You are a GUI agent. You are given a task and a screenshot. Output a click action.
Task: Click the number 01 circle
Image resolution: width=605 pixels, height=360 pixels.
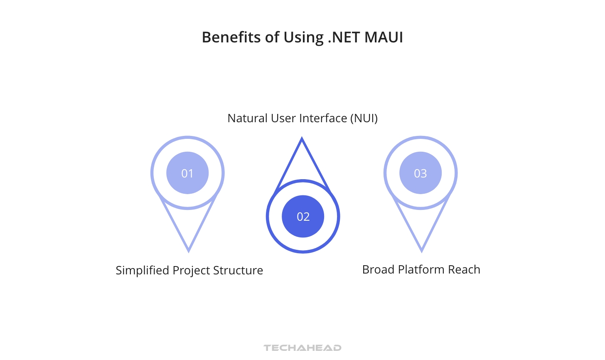tap(187, 173)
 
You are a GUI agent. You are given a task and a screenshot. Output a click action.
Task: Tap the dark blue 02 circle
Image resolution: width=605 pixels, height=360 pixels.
tap(303, 217)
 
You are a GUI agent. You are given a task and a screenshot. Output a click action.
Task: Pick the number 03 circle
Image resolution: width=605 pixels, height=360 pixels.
tap(421, 173)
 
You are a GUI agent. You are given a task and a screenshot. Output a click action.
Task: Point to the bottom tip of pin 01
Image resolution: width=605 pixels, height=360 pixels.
tap(189, 251)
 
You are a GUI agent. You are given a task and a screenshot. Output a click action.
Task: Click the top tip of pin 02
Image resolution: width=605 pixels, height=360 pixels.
tap(302, 139)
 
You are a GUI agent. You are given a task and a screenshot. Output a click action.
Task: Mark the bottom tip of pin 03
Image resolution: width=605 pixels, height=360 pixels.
tap(421, 251)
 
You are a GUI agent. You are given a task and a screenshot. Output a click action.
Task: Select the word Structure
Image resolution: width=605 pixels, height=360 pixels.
tap(238, 271)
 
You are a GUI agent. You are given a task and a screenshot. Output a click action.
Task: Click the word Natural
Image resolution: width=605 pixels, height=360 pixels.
tap(248, 118)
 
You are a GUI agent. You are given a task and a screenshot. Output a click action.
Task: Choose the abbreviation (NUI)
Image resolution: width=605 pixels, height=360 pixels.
tap(364, 118)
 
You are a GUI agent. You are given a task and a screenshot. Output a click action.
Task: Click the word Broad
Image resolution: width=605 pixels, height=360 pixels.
tap(378, 270)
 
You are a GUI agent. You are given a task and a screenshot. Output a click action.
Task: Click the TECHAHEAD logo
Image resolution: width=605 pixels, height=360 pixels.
tap(302, 348)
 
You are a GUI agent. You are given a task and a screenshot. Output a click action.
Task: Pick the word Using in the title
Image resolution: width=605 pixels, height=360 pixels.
tap(303, 37)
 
